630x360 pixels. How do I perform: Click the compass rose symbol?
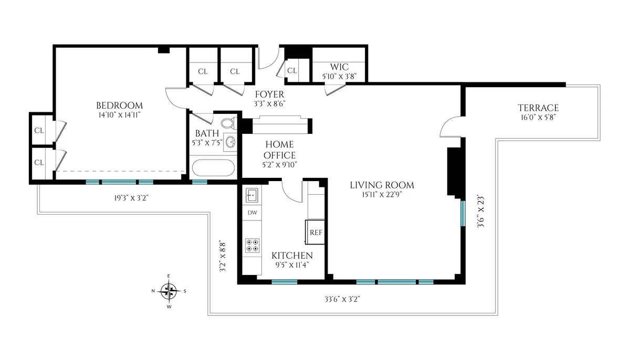click(169, 290)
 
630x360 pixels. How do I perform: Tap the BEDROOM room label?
click(120, 105)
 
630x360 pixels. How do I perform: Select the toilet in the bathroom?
click(228, 124)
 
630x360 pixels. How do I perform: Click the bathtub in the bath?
click(213, 169)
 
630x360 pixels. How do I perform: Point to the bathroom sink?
click(230, 141)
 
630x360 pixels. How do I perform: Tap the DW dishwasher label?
click(252, 213)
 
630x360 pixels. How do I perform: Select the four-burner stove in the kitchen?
click(252, 245)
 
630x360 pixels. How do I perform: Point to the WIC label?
click(339, 67)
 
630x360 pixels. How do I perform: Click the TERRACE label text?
click(537, 108)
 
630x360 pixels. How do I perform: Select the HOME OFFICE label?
click(279, 150)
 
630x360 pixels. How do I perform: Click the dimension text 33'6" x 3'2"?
click(341, 299)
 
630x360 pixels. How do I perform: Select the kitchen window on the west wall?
click(285, 282)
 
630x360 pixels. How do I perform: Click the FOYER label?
click(269, 94)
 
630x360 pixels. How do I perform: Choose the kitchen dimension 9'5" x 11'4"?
click(292, 264)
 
